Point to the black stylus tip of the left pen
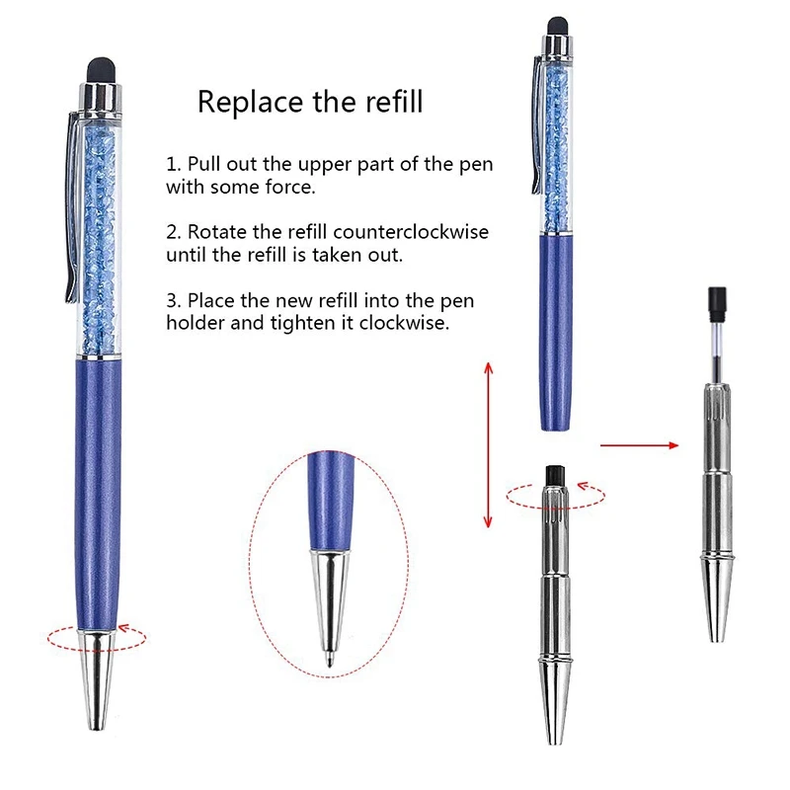click(97, 70)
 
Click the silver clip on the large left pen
click(71, 207)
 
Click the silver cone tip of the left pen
click(97, 681)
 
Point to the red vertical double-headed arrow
click(486, 444)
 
